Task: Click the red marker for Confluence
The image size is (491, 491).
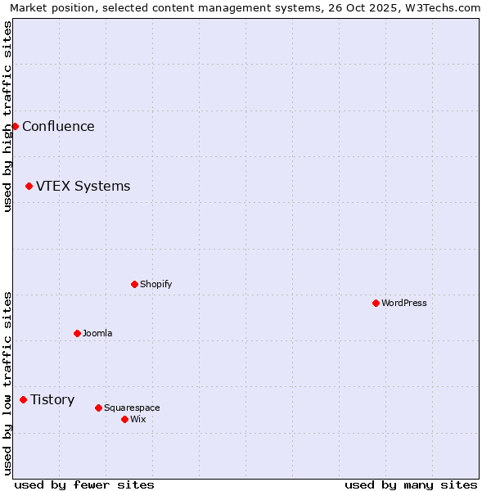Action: (x=15, y=126)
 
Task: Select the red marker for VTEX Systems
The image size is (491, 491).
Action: (x=29, y=186)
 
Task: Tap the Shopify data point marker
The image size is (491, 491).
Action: (x=134, y=284)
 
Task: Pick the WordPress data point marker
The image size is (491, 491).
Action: (x=376, y=303)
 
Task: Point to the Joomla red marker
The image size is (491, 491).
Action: (x=77, y=333)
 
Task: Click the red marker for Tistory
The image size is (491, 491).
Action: (x=23, y=399)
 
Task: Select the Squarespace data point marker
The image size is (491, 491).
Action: (x=98, y=408)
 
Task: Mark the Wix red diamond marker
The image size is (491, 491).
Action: (x=124, y=419)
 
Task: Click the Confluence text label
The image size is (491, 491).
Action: (x=58, y=126)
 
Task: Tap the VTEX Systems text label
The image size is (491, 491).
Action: (x=83, y=186)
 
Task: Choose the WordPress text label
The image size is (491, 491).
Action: (x=404, y=303)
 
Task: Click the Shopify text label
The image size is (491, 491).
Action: (x=155, y=284)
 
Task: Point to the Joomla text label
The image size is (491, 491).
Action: (x=97, y=333)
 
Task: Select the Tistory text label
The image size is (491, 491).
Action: (x=52, y=399)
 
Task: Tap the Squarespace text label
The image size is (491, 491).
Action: (x=132, y=408)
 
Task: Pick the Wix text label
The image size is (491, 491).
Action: (x=137, y=419)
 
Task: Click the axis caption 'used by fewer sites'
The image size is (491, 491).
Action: (x=84, y=484)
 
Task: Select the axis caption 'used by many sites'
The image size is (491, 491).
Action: (x=411, y=484)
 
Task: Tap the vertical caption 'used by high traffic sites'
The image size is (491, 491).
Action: (x=7, y=116)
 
